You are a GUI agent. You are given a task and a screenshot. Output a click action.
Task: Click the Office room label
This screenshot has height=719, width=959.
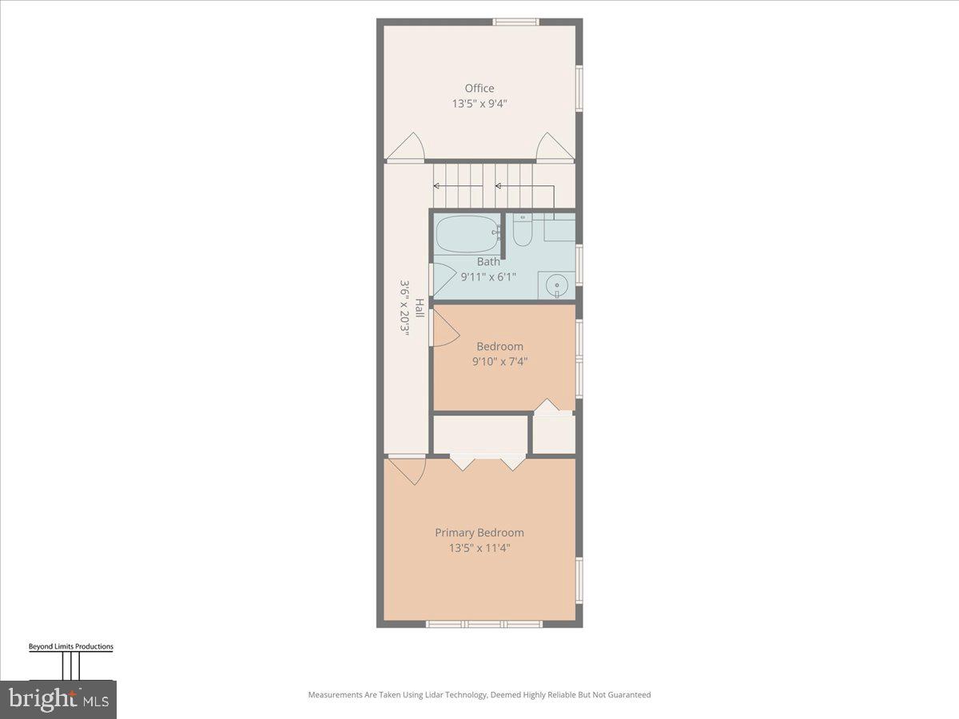click(479, 88)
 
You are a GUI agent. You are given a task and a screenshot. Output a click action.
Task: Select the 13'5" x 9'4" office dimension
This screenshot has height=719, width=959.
click(479, 103)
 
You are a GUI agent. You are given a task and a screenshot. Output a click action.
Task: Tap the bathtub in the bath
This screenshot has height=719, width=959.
click(467, 234)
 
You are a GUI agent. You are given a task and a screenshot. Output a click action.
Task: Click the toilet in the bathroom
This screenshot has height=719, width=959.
click(523, 232)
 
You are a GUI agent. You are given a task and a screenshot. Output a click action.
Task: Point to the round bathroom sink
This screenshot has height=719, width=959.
click(555, 284)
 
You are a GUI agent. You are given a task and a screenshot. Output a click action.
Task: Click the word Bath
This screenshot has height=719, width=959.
click(488, 261)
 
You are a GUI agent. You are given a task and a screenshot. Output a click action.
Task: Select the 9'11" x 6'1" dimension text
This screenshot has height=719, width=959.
click(488, 277)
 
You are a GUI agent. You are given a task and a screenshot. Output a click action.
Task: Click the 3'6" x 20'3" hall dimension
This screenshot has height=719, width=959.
click(404, 308)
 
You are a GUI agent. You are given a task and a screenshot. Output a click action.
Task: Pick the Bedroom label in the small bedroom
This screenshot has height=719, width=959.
click(499, 346)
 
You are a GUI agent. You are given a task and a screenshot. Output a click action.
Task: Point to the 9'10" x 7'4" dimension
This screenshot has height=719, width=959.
click(499, 361)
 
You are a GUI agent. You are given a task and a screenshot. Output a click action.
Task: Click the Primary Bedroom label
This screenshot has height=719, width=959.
click(479, 532)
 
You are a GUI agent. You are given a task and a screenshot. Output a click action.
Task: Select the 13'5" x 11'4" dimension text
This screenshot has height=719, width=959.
click(479, 548)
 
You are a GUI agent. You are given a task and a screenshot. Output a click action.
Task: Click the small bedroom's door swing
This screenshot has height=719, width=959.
click(444, 328)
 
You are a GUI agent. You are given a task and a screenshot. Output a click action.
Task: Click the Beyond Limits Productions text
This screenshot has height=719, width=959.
click(71, 646)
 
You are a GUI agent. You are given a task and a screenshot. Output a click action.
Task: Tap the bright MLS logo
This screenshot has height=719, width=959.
click(58, 699)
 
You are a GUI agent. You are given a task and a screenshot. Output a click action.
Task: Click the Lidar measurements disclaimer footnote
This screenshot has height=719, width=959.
click(479, 695)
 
